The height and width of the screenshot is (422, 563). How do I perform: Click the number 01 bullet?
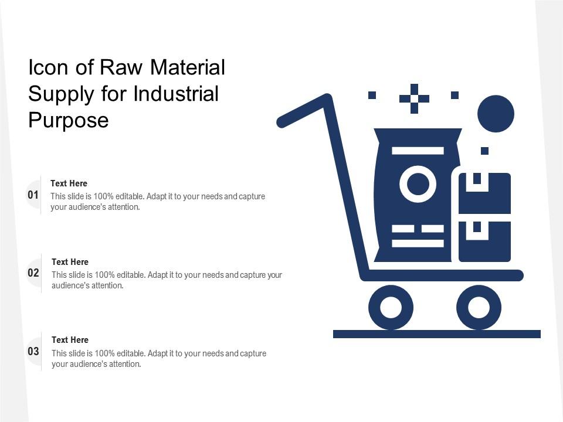(x=33, y=195)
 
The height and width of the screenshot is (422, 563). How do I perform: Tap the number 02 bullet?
(x=33, y=273)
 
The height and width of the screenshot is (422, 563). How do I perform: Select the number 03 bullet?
(x=33, y=352)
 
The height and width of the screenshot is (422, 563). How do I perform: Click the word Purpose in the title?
(x=69, y=120)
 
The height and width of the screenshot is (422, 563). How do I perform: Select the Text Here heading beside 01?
(x=69, y=183)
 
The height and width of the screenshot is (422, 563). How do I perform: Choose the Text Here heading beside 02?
(x=70, y=262)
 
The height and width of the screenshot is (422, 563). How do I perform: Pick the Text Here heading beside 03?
(x=70, y=340)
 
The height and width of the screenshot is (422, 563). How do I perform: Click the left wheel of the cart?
(x=391, y=307)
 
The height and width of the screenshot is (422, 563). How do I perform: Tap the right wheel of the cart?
(x=479, y=307)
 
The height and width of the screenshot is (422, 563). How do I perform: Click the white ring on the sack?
(x=418, y=184)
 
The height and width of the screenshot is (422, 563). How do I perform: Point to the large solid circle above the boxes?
(x=496, y=114)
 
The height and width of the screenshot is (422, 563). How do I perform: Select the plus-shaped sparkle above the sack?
(x=414, y=98)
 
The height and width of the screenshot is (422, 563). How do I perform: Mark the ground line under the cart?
(x=437, y=334)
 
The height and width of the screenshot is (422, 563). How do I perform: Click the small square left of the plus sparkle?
(x=372, y=95)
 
